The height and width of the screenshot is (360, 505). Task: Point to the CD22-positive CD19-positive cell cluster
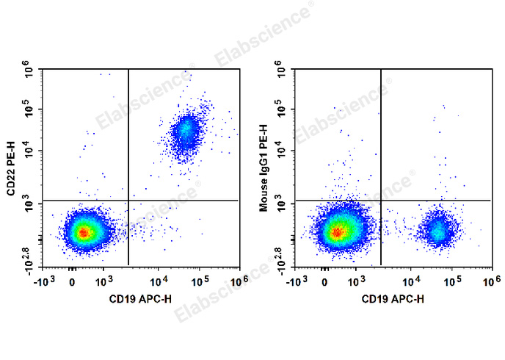click(x=186, y=132)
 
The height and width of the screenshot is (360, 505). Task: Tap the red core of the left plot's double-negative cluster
click(x=84, y=233)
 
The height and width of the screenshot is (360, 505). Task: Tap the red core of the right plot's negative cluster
click(x=337, y=233)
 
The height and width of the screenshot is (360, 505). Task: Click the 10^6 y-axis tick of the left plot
click(x=29, y=72)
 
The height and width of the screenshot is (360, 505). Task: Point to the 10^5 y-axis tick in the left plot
click(x=29, y=109)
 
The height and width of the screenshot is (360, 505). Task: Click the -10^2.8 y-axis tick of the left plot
click(x=26, y=258)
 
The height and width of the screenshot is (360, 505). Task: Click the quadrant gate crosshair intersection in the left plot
click(x=128, y=200)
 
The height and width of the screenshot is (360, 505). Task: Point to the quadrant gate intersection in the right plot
click(x=381, y=200)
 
